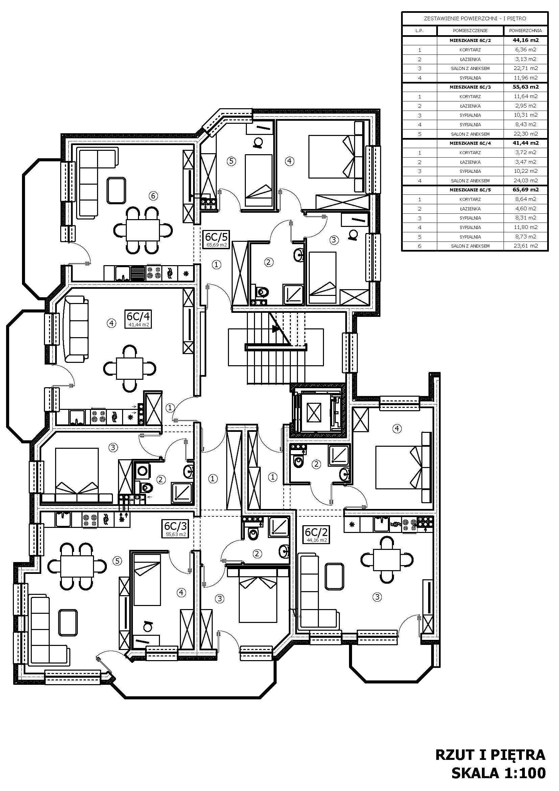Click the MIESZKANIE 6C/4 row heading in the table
470,143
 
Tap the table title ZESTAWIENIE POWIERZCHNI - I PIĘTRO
474,19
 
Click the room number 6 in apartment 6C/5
154,196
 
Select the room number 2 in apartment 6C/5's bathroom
269,262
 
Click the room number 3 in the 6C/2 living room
377,597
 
